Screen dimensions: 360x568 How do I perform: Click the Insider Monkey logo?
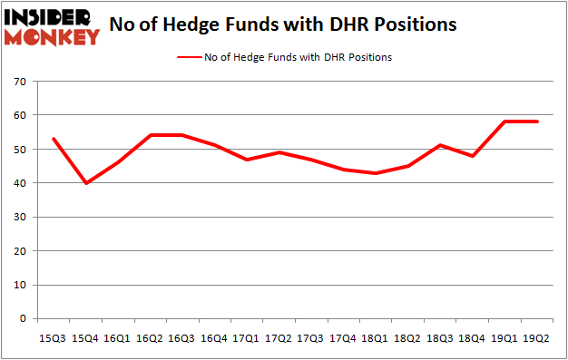click(x=51, y=26)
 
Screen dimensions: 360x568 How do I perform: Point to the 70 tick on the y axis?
click(x=21, y=82)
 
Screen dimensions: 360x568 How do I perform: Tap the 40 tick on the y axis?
click(x=21, y=183)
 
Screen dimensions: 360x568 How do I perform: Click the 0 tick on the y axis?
click(x=24, y=319)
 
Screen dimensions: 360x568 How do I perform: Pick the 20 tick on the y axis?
click(x=21, y=251)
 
